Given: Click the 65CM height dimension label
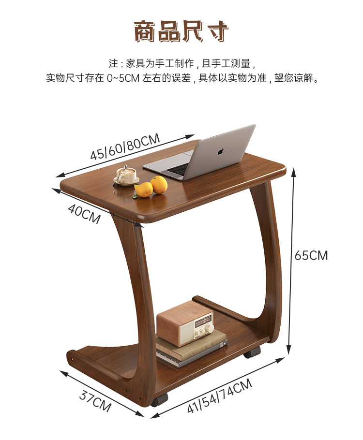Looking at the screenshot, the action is [311, 255].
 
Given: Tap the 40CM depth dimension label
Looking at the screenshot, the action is [84, 214].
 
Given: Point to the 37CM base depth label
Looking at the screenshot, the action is [95, 399].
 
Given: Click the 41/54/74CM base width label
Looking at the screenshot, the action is [220, 397].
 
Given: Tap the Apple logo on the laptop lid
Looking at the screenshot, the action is [221, 150].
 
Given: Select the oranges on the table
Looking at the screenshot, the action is [151, 187].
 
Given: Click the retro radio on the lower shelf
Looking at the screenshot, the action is [184, 323].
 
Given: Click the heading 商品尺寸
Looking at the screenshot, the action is [181, 31].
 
